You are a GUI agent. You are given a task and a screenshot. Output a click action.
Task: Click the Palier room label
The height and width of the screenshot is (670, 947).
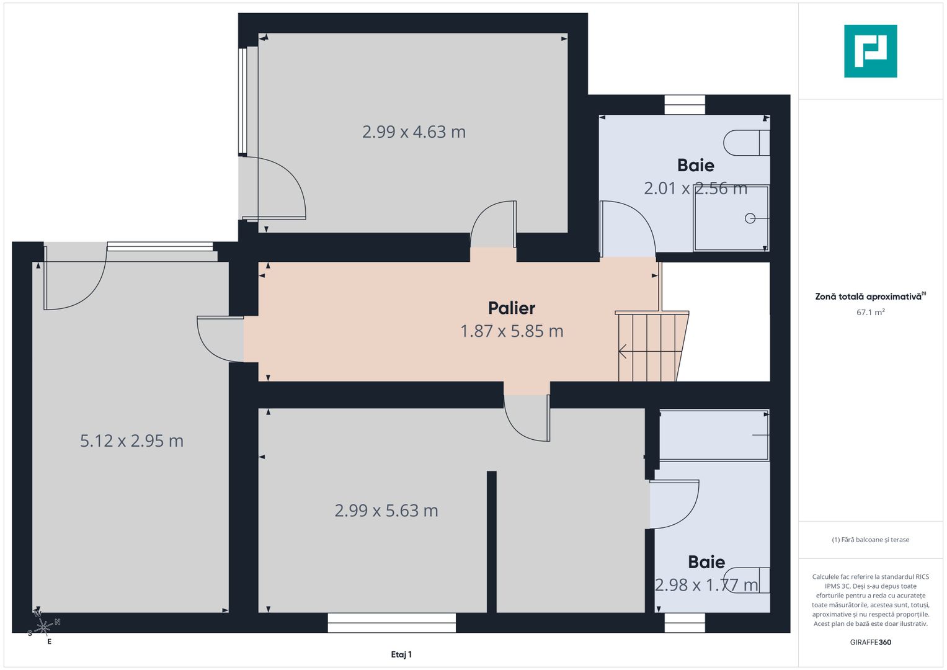pos(511,308)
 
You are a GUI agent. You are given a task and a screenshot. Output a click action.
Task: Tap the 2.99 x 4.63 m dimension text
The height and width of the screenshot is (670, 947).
pos(414,132)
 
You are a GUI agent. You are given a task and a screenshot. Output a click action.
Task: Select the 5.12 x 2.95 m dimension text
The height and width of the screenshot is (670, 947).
pos(131,441)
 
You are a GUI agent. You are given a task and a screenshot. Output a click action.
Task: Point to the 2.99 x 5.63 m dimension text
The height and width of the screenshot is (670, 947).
pos(386,511)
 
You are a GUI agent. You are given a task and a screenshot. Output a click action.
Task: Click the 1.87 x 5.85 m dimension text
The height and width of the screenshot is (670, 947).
pos(512,331)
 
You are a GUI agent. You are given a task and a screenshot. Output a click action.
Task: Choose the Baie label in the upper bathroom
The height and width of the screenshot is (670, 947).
pos(695,166)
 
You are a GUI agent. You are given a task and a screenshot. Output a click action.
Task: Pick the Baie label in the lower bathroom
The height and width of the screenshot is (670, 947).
pos(706,562)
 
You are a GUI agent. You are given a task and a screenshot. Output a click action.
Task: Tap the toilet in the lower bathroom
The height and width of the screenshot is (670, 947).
pos(747,580)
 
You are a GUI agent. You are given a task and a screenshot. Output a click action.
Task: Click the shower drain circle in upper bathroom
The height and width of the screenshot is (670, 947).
pos(750,218)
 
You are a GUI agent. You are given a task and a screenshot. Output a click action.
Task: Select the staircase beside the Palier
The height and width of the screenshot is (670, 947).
pos(649,347)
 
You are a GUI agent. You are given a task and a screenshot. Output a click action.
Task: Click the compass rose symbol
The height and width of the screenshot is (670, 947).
pos(43,628)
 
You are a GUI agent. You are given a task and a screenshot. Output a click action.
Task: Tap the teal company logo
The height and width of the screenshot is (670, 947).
pos(870,51)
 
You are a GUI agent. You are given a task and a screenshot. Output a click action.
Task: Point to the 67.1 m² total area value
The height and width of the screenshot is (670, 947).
pos(870,313)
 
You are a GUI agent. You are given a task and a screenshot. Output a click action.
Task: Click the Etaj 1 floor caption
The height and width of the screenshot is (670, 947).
pos(401,654)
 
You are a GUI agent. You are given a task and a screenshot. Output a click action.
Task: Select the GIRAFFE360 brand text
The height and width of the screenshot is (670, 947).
pos(870,642)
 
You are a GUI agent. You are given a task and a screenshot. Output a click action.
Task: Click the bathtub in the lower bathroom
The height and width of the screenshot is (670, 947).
pos(713,435)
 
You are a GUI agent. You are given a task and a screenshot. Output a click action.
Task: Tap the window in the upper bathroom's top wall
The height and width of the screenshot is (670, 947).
pos(685,105)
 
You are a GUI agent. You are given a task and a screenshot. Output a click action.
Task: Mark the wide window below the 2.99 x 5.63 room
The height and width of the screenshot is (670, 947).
pos(391,623)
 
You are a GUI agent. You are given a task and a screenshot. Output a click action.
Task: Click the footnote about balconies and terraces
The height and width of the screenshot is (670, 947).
pos(870,540)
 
